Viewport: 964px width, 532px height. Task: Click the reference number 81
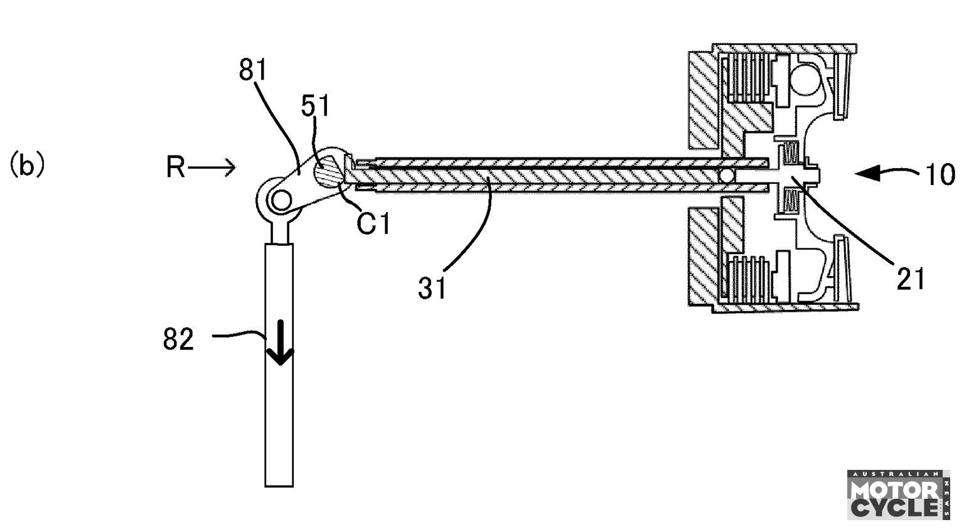(253, 70)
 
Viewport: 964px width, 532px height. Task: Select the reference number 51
(315, 106)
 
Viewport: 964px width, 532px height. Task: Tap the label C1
(373, 223)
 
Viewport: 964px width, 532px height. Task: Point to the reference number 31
(433, 288)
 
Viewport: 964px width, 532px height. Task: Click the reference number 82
(179, 339)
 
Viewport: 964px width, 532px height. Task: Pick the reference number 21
(911, 279)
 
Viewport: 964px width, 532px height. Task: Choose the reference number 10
(940, 174)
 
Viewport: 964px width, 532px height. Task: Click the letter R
(176, 168)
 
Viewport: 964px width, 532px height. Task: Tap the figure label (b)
(27, 166)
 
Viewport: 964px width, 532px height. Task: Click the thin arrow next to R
(212, 168)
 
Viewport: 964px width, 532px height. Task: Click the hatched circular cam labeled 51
(328, 168)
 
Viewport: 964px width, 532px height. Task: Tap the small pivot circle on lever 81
(280, 200)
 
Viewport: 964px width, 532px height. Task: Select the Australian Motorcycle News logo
(898, 494)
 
